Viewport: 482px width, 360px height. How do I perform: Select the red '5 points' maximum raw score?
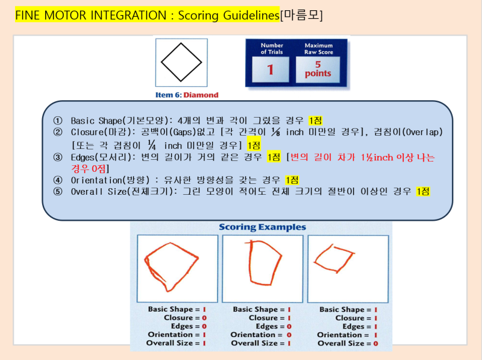318,69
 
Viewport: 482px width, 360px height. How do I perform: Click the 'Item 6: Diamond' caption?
187,95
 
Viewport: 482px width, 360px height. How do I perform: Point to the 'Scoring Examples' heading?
262,227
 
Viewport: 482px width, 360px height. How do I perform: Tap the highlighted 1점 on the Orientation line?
292,180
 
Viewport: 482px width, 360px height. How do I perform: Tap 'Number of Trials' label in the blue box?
271,49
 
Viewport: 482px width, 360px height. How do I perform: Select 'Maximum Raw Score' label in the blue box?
318,49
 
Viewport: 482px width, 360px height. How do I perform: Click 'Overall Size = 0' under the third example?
348,343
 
